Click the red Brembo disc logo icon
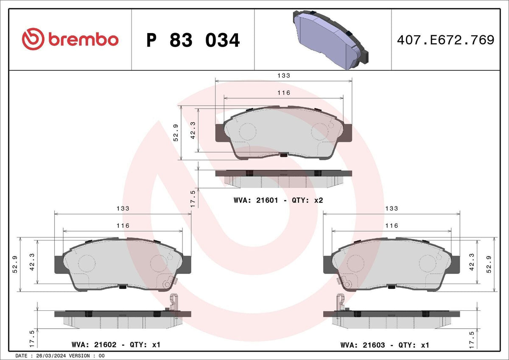click(x=33, y=39)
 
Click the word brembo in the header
click(x=84, y=39)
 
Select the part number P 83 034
click(x=193, y=40)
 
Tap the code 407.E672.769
click(x=446, y=40)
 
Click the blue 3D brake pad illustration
click(x=330, y=39)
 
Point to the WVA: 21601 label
click(x=256, y=200)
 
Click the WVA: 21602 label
click(x=94, y=345)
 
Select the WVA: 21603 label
click(x=363, y=345)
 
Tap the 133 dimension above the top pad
click(x=284, y=75)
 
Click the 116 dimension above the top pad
click(x=284, y=93)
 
